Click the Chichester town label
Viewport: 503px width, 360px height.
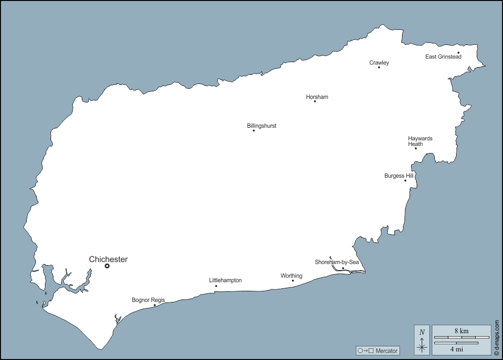click(108, 260)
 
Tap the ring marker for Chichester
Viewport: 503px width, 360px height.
click(107, 266)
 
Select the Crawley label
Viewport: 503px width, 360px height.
click(379, 63)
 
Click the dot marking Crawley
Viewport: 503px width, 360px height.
click(379, 67)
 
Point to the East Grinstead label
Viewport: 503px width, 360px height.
click(443, 57)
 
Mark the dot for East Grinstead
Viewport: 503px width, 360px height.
click(458, 53)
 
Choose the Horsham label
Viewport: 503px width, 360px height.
click(317, 97)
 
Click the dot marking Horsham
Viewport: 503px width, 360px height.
click(315, 101)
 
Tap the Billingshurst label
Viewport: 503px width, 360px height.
click(262, 126)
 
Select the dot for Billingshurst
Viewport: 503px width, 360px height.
click(254, 130)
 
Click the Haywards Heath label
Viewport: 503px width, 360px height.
click(420, 141)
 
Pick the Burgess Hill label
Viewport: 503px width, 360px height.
click(398, 176)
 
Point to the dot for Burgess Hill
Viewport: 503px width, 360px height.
click(405, 180)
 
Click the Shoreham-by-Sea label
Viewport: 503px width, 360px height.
click(336, 262)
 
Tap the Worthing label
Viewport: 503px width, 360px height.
click(291, 276)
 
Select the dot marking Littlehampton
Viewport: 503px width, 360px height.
click(216, 286)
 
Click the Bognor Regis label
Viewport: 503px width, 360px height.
click(148, 300)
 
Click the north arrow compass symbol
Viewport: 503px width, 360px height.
click(422, 339)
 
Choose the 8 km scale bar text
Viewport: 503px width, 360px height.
click(461, 331)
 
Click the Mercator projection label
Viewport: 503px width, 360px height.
click(378, 351)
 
